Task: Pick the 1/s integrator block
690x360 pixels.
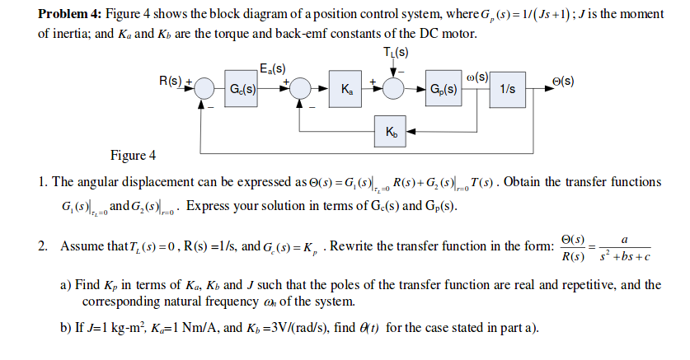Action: [x=509, y=89]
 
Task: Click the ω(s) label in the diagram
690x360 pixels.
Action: [x=478, y=77]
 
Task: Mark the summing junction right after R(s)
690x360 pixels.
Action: [x=205, y=89]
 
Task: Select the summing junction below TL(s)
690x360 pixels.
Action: [x=395, y=89]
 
